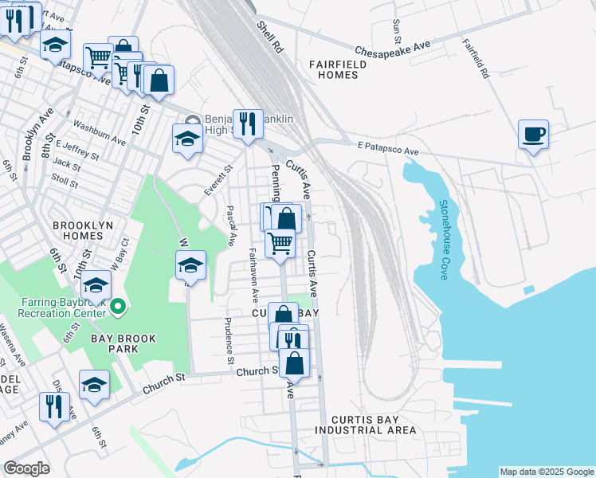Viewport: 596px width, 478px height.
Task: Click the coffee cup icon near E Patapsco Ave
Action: pyautogui.click(x=533, y=134)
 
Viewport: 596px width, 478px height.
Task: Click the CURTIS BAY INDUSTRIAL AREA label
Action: pyautogui.click(x=365, y=425)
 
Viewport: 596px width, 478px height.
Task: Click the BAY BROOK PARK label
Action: pyautogui.click(x=123, y=339)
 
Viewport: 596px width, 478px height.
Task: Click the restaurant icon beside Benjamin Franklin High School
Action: pyautogui.click(x=248, y=124)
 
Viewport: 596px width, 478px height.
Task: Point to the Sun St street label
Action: pyautogui.click(x=396, y=29)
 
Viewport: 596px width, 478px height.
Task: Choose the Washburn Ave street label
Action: pyautogui.click(x=99, y=132)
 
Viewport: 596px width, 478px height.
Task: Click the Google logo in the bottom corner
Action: pyautogui.click(x=26, y=468)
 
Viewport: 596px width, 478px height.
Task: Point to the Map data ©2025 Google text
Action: pyautogui.click(x=546, y=472)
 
